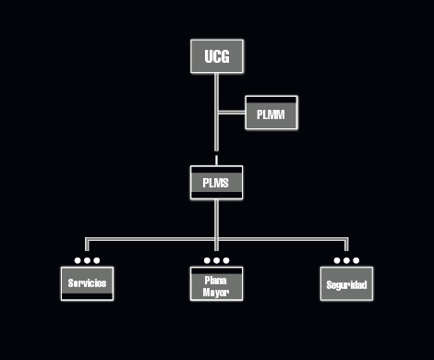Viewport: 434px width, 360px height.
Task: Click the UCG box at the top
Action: (x=216, y=57)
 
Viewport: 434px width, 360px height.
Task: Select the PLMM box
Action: (x=271, y=114)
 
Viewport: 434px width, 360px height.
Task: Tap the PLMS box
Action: (x=216, y=183)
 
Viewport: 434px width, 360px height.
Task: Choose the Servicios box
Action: (x=87, y=283)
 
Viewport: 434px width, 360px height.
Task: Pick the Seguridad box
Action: (x=346, y=284)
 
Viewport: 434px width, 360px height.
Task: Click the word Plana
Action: (x=216, y=279)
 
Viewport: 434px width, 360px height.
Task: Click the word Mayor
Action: (x=216, y=292)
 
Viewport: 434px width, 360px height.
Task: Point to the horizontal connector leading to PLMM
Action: (x=231, y=114)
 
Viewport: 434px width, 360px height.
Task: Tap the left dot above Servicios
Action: (x=78, y=260)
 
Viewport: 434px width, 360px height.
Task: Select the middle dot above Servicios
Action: (x=87, y=260)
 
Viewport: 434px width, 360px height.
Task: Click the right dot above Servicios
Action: (x=96, y=260)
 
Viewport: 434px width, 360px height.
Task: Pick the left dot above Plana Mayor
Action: (x=207, y=260)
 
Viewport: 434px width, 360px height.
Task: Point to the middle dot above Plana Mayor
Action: (x=216, y=260)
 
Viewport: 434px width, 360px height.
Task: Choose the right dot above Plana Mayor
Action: (x=225, y=260)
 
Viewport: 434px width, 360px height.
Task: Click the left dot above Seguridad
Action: (x=337, y=260)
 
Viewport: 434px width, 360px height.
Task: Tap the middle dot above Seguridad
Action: (x=346, y=260)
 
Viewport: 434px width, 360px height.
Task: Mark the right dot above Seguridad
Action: (x=356, y=260)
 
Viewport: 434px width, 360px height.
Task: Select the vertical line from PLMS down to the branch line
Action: (x=216, y=218)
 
